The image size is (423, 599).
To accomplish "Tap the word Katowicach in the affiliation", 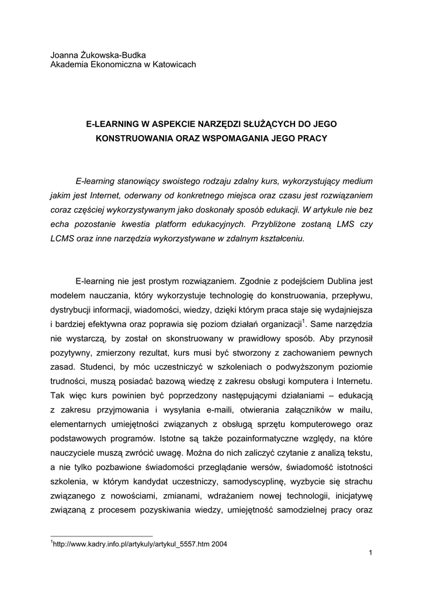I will click(x=173, y=64).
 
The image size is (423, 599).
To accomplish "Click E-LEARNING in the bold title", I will click(x=111, y=124).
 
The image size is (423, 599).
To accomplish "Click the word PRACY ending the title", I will click(x=311, y=139).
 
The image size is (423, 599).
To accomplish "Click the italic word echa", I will click(x=59, y=224).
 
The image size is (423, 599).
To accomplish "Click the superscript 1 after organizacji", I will click(x=304, y=320).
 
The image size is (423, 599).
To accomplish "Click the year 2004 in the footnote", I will click(x=219, y=544).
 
